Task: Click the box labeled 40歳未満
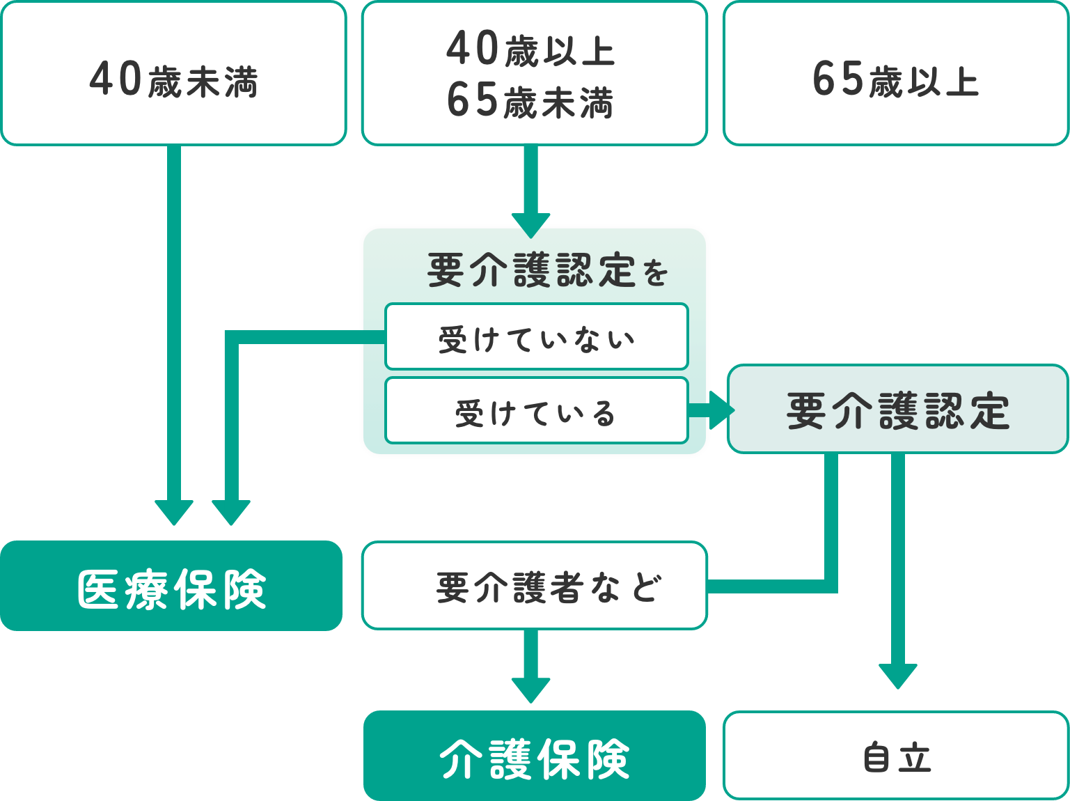tap(173, 73)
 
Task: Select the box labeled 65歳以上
tap(896, 73)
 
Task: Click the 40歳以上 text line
tap(530, 50)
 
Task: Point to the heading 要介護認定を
tap(548, 270)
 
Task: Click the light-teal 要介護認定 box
tap(897, 410)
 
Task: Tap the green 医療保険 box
tap(171, 586)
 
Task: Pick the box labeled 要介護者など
tap(534, 586)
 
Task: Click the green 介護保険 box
tap(534, 756)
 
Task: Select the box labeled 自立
tap(896, 756)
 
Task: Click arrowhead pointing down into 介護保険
tap(530, 689)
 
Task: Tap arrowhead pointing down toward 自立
tap(897, 676)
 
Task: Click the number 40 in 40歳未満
tap(116, 79)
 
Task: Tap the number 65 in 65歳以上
tap(838, 79)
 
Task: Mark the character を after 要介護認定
tap(655, 273)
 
